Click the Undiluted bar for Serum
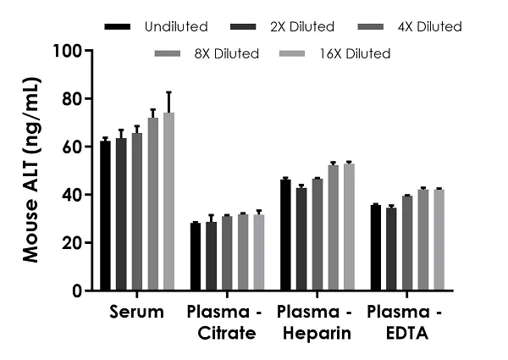pyautogui.click(x=105, y=216)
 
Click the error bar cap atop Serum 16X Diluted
pyautogui.click(x=168, y=92)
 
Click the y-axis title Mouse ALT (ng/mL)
pyautogui.click(x=30, y=171)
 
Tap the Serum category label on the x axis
pyautogui.click(x=136, y=313)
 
